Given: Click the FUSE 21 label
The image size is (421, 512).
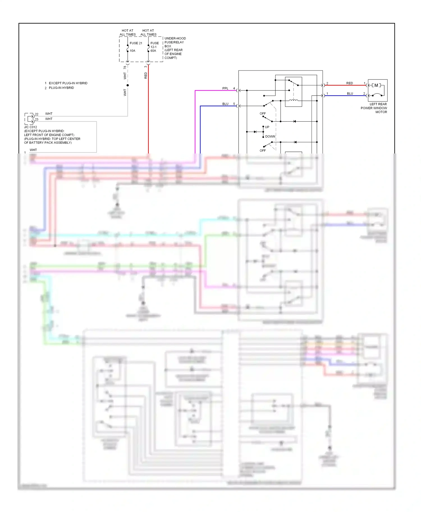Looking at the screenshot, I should coord(136,43).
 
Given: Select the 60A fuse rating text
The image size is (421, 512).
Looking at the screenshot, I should coord(153,51).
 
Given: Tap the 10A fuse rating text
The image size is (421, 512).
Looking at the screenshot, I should coord(132,51).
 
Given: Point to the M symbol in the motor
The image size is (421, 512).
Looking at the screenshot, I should coord(376,85).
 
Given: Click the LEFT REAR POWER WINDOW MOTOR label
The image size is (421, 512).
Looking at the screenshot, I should coord(374,108).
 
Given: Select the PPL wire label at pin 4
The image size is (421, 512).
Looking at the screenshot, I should coord(225,88).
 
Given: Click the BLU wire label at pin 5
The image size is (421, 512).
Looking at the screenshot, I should coord(225,104).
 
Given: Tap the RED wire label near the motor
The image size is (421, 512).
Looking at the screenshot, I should coord(349,83).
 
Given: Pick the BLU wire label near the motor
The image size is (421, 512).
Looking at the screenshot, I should coord(350,94).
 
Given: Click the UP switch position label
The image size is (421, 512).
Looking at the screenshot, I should coord(267,127).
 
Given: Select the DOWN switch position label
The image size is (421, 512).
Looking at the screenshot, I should coord(270,136).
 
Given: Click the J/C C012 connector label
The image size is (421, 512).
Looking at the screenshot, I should coord(31,127).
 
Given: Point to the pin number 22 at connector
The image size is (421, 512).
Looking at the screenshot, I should coord(36,114).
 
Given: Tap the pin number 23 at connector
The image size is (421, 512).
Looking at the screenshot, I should coord(36,119).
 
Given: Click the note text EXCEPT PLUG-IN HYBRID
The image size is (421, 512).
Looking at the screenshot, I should coord(68,83).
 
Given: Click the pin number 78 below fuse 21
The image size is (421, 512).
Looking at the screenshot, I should coord(125,68).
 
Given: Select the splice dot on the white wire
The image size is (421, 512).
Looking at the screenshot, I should coord(128,85).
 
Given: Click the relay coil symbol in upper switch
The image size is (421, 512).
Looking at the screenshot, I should coord(293,100).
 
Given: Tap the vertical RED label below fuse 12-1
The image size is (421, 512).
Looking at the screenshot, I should coord(146,75).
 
